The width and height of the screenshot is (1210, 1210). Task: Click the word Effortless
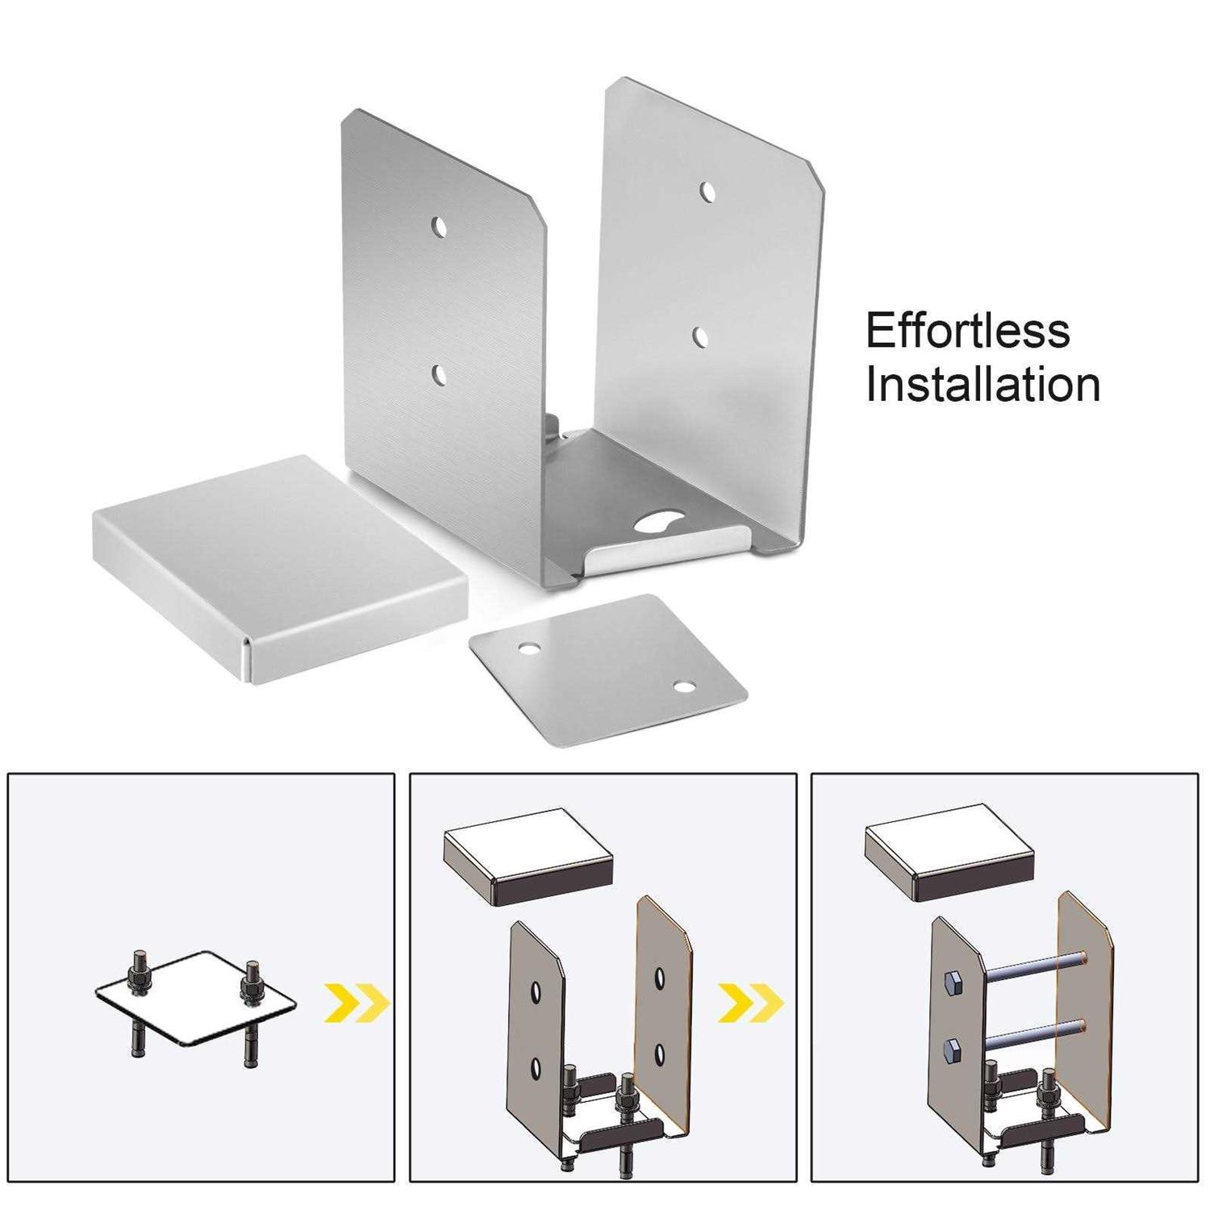(x=967, y=331)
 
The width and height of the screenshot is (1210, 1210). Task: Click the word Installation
(x=983, y=385)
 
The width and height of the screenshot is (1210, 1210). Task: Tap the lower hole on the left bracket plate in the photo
(x=440, y=374)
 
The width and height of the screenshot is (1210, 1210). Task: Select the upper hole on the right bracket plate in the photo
(x=707, y=193)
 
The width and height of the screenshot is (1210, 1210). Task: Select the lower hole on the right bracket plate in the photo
(x=700, y=337)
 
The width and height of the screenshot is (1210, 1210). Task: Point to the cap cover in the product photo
(x=278, y=565)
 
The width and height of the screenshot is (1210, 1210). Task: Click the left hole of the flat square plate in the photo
(x=529, y=649)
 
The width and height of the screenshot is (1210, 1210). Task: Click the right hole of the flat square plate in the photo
(x=684, y=687)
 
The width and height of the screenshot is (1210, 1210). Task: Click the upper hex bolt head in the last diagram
(x=951, y=983)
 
